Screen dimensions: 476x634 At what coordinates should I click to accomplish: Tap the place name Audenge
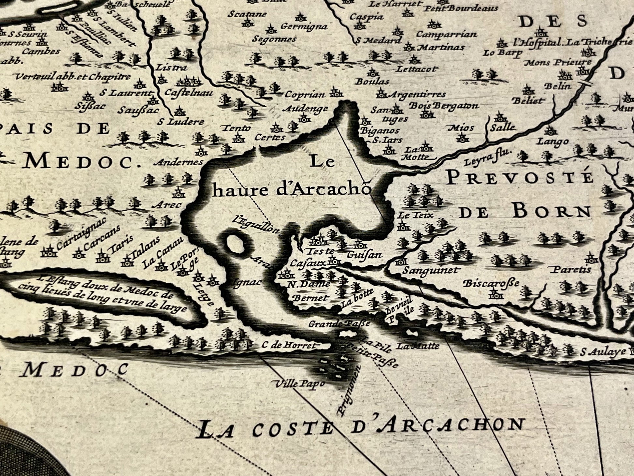305,109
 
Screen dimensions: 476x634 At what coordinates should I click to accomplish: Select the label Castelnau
189,93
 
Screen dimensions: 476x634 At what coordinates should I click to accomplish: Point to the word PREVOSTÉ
519,178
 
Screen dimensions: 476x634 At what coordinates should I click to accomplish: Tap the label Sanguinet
430,270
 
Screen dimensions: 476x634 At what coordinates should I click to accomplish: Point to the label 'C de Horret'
289,345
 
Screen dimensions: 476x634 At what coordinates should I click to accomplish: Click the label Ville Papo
300,383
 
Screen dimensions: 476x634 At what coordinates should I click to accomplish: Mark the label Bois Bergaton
443,106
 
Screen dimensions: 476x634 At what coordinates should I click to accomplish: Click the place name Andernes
178,162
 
